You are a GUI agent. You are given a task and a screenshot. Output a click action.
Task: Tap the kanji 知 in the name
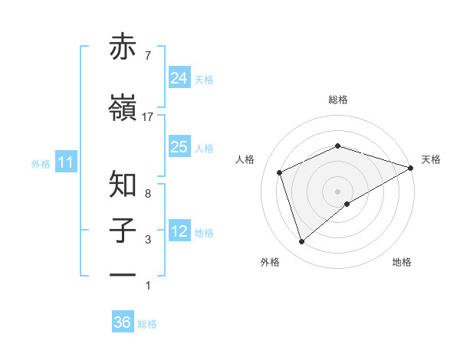[x=123, y=184]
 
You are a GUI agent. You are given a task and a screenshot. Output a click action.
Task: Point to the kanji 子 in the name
[x=123, y=230]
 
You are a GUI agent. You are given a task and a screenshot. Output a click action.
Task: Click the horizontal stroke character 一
[x=123, y=273]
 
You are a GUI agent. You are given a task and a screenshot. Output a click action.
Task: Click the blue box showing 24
[x=179, y=77]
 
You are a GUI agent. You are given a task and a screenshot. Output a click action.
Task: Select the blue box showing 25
[x=179, y=147]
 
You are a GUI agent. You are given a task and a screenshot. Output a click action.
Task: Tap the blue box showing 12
[x=179, y=231]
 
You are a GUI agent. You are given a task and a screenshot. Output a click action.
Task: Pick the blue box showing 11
[x=65, y=162]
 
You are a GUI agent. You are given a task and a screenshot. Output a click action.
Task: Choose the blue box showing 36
[x=123, y=322]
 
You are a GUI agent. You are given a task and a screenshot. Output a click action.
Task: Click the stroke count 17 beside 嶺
[x=148, y=117]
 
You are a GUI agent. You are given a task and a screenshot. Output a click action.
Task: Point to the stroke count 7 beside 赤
[x=147, y=56]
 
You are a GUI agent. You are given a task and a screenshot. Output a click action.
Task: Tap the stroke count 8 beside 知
[x=147, y=194]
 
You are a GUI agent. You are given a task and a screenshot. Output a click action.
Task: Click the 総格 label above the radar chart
[x=337, y=100]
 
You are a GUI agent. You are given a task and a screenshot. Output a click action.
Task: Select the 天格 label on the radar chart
[x=431, y=159]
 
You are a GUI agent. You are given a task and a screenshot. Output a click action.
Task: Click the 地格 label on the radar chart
[x=402, y=263]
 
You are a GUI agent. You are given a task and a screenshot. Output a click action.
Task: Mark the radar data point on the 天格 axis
[x=411, y=167]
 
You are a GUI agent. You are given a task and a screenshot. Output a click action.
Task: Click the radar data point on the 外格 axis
[x=301, y=242]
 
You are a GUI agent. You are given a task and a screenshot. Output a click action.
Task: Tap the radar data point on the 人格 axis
[x=280, y=172]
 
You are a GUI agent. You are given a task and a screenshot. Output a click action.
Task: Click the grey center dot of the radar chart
[x=337, y=191]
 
